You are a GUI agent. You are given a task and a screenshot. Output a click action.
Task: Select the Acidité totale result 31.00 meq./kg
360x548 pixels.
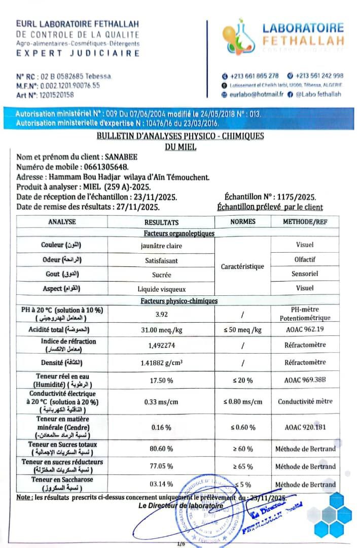pyautogui.click(x=161, y=330)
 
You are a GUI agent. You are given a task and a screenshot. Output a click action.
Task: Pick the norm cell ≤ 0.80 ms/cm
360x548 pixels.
pyautogui.click(x=243, y=402)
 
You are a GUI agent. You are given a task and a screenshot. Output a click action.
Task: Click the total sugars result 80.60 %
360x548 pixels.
pyautogui.click(x=161, y=449)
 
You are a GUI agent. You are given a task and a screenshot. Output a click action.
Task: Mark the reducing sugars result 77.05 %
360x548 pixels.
pyautogui.click(x=161, y=466)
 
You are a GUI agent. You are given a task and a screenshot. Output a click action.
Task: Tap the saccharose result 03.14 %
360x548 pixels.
pyautogui.click(x=161, y=484)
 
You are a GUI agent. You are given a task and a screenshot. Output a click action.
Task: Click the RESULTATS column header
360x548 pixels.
pyautogui.click(x=161, y=222)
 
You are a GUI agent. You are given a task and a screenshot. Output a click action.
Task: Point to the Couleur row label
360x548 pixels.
pyautogui.click(x=61, y=245)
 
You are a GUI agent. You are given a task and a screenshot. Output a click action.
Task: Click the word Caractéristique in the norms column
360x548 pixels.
pyautogui.click(x=243, y=266)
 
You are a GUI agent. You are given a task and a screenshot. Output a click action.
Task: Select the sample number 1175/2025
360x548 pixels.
pyautogui.click(x=295, y=197)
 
